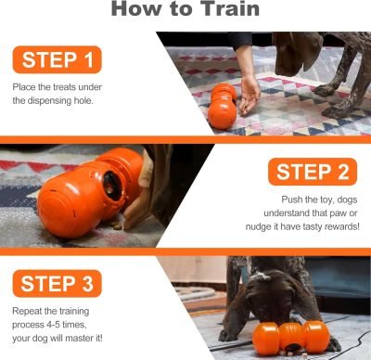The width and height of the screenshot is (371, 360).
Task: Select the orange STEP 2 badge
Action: (x=313, y=173)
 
